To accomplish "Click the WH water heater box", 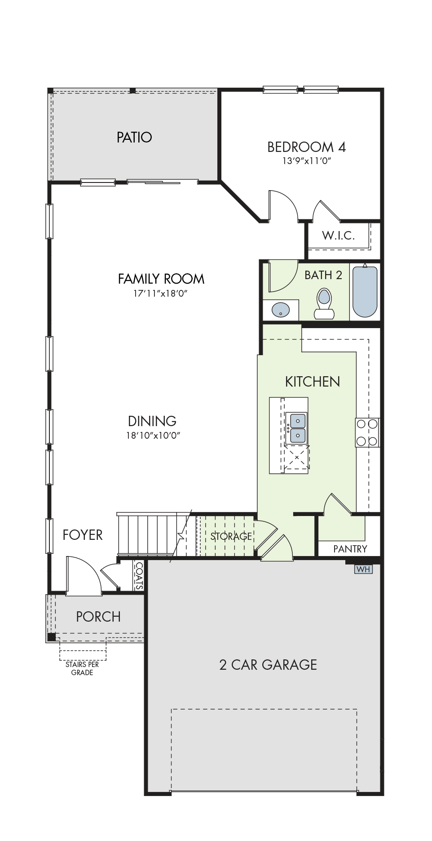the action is [363, 569].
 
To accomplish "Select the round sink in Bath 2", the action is [281, 310].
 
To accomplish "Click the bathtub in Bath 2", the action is [365, 292].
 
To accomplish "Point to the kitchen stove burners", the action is [367, 432].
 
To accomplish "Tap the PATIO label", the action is [134, 137].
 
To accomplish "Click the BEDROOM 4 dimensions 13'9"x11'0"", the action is [307, 160].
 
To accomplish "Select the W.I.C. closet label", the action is [339, 235].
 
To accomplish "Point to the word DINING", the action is [152, 421].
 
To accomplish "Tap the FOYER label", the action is [83, 535].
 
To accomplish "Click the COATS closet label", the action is [139, 576].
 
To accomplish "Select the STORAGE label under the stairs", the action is [231, 536].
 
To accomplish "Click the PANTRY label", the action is [350, 549].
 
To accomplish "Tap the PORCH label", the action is [98, 616].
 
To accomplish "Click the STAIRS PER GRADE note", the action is [82, 668].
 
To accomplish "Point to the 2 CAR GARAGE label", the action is [268, 665].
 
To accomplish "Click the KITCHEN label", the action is [313, 382].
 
